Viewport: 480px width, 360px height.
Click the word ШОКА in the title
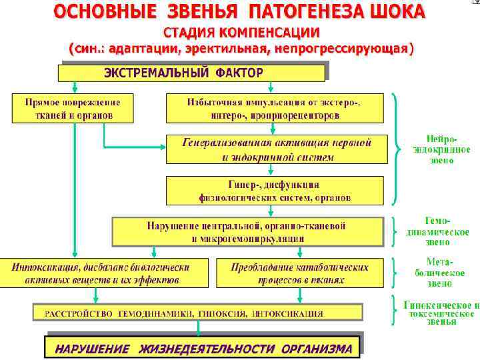(x=393, y=12)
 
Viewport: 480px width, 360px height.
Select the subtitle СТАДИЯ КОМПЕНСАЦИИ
(x=242, y=33)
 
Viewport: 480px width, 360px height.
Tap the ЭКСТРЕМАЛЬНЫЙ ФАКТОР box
(x=193, y=72)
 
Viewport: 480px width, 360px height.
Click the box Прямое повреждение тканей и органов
(x=73, y=108)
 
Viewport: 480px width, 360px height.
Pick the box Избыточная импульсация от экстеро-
(x=275, y=108)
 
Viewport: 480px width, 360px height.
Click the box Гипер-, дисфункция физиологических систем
(x=275, y=190)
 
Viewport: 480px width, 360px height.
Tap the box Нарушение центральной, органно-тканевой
(x=247, y=231)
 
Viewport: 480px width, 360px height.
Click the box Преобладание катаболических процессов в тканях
(x=300, y=273)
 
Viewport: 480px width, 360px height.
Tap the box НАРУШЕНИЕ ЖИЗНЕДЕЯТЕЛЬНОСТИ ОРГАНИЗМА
(x=203, y=348)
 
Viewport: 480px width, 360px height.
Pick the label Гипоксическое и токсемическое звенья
(x=441, y=313)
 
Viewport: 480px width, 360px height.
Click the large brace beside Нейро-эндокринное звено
(x=398, y=149)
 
